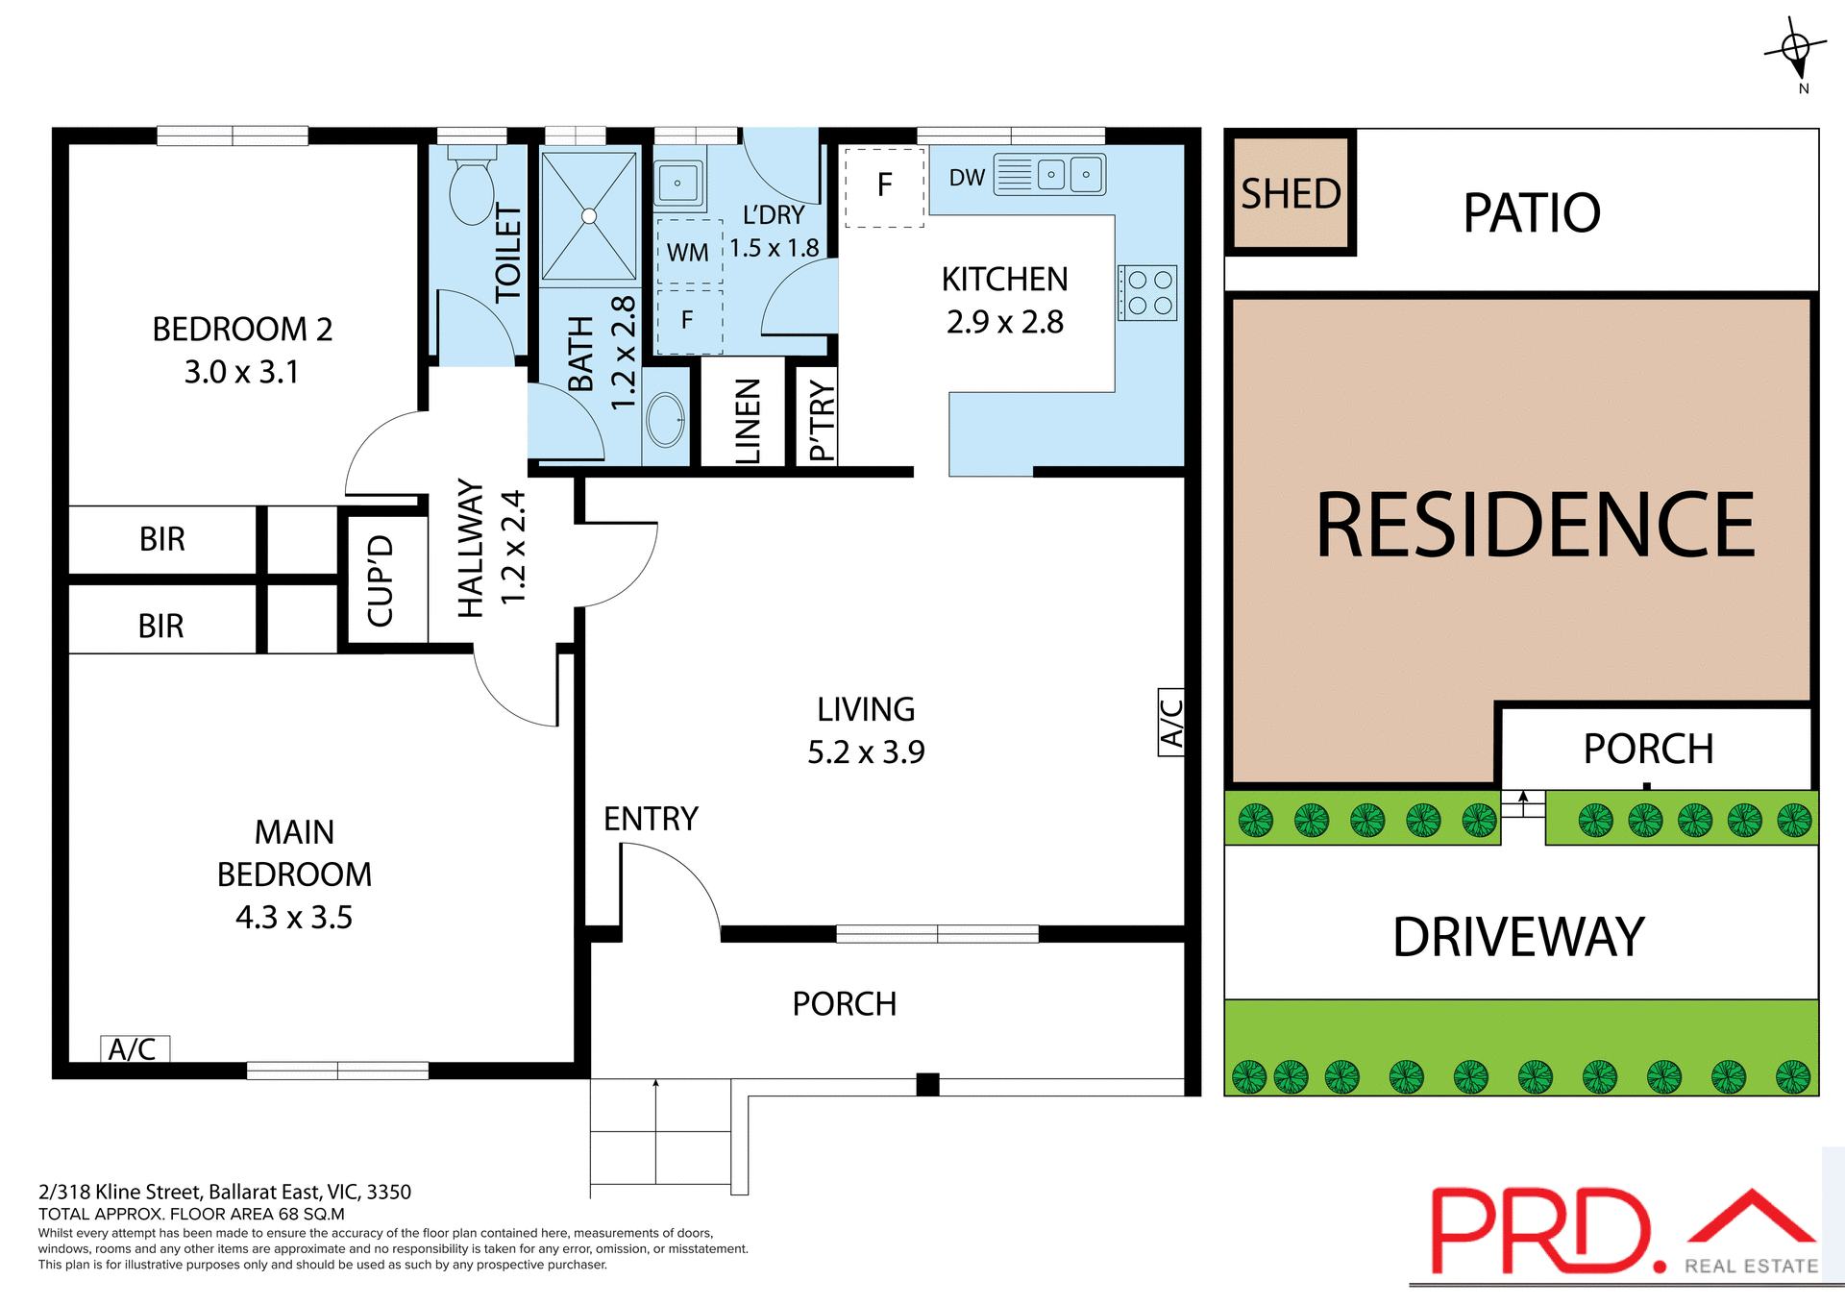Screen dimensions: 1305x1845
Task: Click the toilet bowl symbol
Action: point(472,190)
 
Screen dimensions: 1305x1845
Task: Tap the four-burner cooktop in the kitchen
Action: point(1148,293)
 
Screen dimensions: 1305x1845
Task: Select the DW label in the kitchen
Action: point(967,178)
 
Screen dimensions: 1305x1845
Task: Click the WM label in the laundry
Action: point(687,253)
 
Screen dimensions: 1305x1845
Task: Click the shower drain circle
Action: point(589,216)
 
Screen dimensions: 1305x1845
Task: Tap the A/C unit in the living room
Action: point(1170,723)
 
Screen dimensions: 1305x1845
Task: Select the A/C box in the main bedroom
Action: point(135,1048)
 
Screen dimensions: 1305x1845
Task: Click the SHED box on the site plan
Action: point(1291,193)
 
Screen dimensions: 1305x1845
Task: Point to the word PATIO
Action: point(1532,212)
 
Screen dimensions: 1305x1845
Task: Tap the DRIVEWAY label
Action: point(1518,937)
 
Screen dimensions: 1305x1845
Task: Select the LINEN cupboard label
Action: point(747,421)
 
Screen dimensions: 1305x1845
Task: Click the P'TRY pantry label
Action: point(821,419)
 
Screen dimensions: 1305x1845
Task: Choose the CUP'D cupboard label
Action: point(381,580)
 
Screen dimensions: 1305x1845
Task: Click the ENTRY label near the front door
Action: point(651,819)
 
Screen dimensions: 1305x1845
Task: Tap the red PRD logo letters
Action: point(1541,1231)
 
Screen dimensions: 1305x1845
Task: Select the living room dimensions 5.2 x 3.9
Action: point(865,752)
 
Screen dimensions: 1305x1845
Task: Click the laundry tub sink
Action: point(678,183)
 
